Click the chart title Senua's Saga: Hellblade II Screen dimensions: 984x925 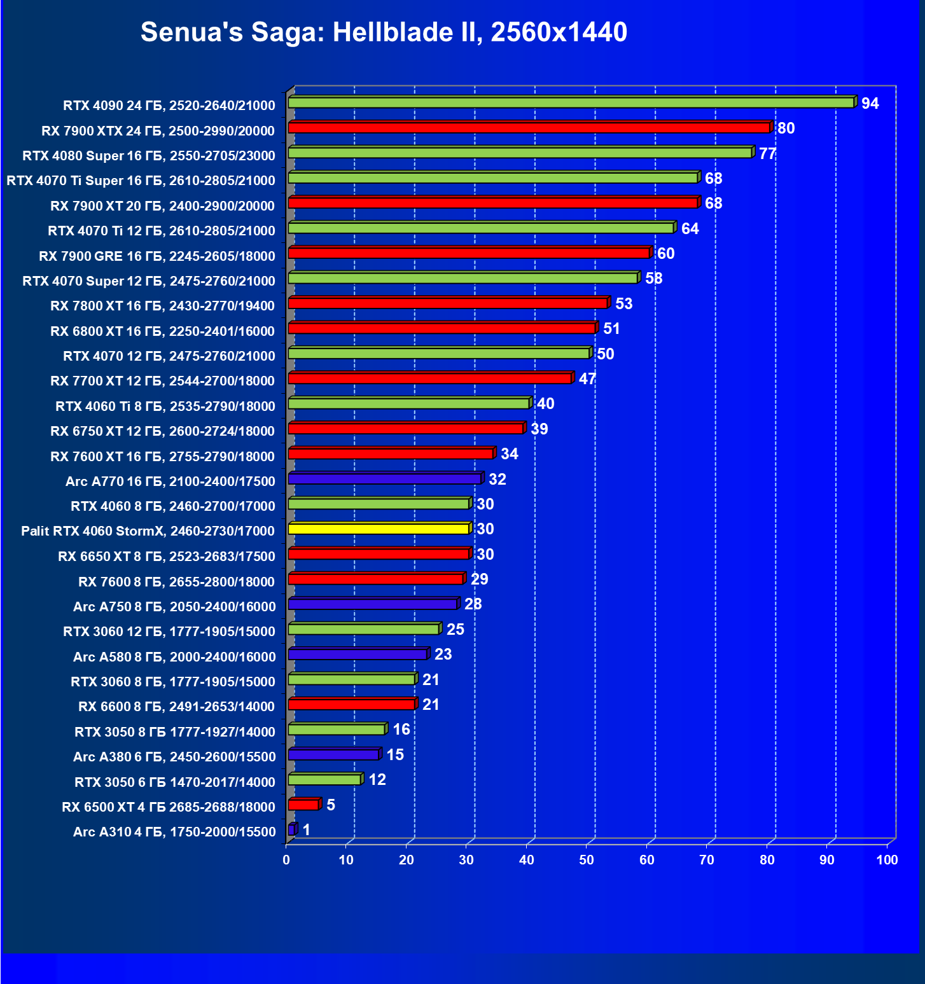[384, 32]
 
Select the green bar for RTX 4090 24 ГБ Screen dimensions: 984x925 [571, 102]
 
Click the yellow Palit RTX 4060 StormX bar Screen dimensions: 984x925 [379, 529]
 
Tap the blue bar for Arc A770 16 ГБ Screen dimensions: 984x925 [384, 478]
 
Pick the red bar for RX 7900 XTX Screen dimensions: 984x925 [529, 128]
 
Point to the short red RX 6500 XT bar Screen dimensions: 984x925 [303, 805]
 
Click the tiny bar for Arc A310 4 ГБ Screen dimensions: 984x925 [291, 829]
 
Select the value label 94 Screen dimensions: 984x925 [870, 104]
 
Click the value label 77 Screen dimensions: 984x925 [767, 154]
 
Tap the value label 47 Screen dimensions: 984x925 [587, 379]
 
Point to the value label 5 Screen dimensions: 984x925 [331, 805]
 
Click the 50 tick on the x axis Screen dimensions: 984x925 [587, 860]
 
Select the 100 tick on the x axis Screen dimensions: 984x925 [887, 860]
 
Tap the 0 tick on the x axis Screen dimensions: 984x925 [286, 860]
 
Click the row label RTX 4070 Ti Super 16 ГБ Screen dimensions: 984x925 [141, 181]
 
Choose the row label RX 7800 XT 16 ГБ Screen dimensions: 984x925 [162, 306]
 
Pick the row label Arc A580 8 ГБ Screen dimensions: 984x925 [174, 656]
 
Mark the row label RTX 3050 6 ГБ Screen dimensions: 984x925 [175, 782]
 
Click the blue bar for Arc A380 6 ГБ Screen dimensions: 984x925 [333, 754]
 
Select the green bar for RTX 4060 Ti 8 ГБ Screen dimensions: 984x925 [408, 403]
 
